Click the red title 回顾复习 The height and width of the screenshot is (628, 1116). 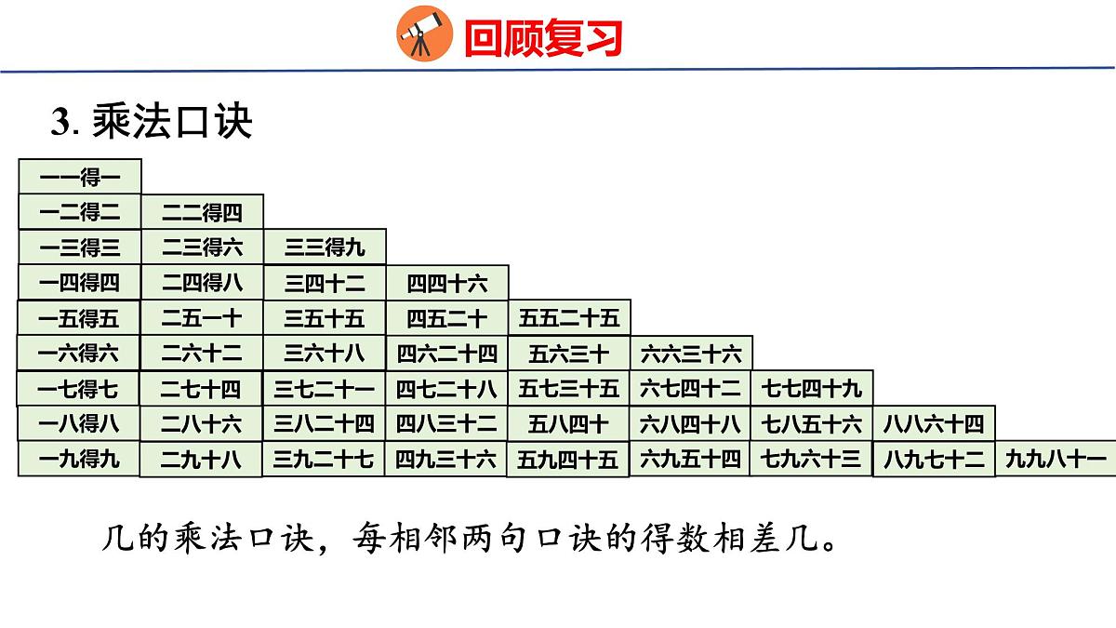tap(542, 38)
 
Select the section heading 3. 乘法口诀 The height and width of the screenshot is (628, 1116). tap(152, 122)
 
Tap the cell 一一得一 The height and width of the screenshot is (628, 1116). tap(80, 177)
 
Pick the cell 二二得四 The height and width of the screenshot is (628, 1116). tap(202, 212)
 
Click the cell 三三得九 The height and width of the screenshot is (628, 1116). tap(325, 247)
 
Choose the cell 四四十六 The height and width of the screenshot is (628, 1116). tap(446, 283)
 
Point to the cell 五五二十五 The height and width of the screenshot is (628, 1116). tap(568, 318)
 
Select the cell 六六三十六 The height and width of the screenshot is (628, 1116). tap(691, 354)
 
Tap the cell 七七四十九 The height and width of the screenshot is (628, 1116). tap(812, 387)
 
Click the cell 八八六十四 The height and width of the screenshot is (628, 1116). tap(933, 424)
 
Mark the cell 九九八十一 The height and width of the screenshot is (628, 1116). tap(1056, 459)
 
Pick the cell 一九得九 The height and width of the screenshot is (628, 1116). tap(79, 459)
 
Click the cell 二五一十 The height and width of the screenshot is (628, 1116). tap(202, 318)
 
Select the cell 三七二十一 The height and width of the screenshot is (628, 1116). tap(325, 387)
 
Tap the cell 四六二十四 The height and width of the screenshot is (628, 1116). tap(446, 354)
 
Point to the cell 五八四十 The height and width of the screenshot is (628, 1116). tap(568, 424)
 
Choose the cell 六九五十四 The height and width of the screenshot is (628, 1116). tap(691, 459)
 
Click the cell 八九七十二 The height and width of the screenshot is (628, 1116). tap(933, 459)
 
